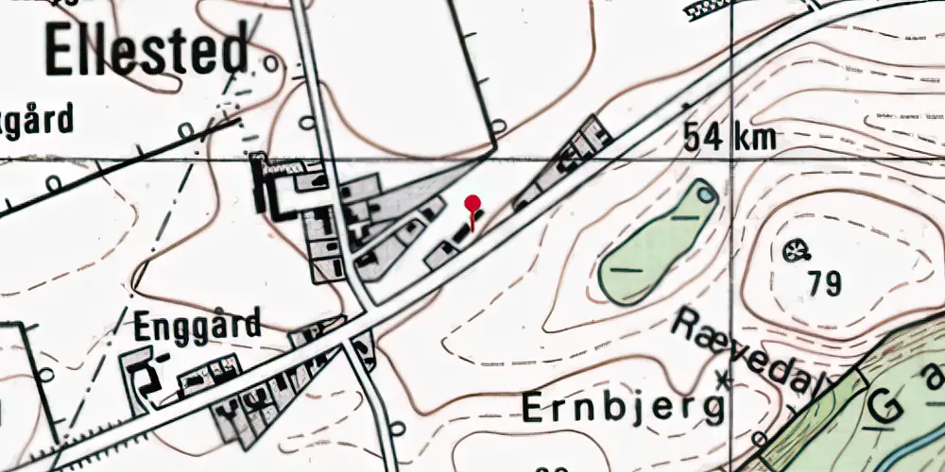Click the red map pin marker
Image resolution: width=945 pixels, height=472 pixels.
click(472, 204)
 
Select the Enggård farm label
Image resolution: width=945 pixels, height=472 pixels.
click(197, 327)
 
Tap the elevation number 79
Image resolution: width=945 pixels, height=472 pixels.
click(824, 282)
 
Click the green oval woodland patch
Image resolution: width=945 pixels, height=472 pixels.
click(657, 244)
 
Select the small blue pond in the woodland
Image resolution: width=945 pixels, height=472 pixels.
click(706, 195)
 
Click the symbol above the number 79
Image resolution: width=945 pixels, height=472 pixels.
click(799, 251)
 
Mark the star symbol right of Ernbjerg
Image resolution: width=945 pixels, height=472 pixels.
click(725, 380)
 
